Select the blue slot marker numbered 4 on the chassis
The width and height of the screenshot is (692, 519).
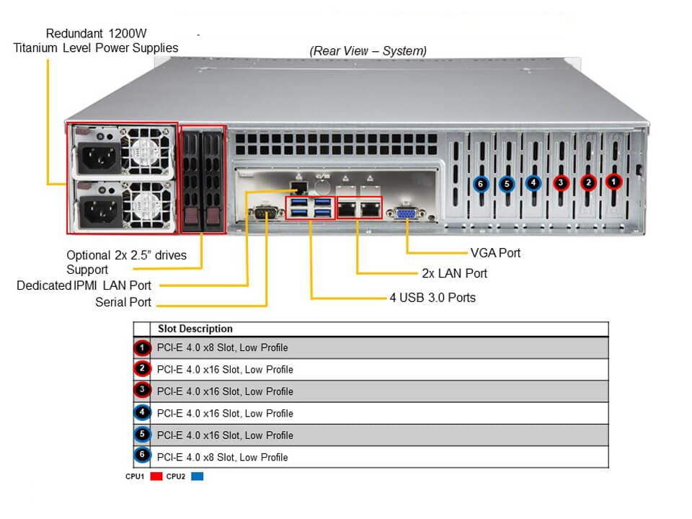533,183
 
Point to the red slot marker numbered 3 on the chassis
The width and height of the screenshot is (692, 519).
560,183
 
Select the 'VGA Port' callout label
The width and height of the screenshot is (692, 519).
494,253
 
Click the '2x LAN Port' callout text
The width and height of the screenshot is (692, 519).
454,274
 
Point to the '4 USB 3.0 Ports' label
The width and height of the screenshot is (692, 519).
432,297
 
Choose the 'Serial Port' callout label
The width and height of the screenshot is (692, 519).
123,302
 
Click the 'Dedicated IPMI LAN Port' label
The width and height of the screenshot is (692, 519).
84,285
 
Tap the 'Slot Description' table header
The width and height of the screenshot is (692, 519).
195,329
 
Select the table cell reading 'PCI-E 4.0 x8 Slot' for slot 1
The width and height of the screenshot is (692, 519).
223,347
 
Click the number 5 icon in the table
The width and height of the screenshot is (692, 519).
142,435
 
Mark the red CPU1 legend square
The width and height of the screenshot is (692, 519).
156,476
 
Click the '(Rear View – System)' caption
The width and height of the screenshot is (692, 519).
368,50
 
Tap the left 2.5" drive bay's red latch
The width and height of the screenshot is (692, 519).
192,216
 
